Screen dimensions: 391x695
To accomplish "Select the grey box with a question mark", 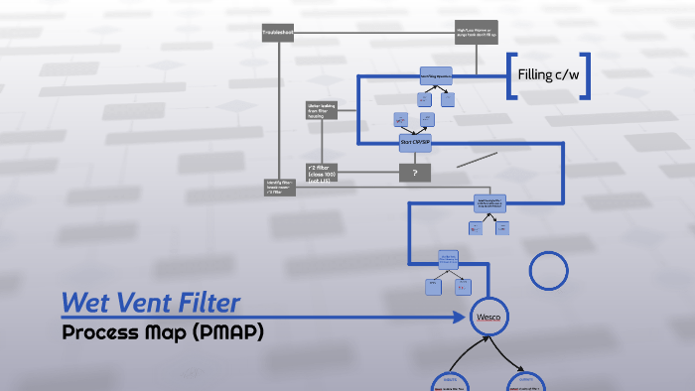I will pyautogui.click(x=414, y=173).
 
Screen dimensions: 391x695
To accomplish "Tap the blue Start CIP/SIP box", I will pyautogui.click(x=414, y=141).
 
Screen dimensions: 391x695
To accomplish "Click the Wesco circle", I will pyautogui.click(x=488, y=317).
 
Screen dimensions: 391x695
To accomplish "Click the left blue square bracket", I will pyautogui.click(x=511, y=75).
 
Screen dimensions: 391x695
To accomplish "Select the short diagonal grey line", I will pyautogui.click(x=477, y=159).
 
